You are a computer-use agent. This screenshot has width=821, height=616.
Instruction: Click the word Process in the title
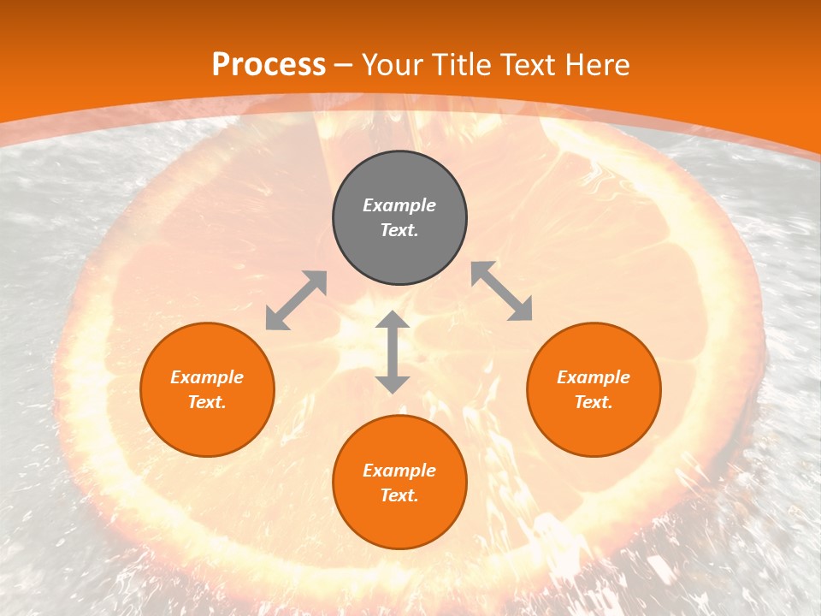(269, 65)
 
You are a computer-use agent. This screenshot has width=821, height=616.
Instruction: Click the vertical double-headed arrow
(393, 352)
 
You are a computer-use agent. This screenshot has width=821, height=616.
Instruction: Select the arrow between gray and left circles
(296, 300)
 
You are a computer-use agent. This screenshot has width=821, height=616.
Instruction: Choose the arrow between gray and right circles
(502, 291)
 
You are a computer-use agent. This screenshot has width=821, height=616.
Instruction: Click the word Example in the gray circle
(399, 205)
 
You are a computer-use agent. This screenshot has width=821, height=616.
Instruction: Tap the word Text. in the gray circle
(399, 230)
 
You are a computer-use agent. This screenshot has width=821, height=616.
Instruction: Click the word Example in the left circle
(207, 377)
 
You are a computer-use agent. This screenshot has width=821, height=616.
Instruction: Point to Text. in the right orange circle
(594, 402)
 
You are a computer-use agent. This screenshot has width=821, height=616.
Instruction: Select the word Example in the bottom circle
(399, 471)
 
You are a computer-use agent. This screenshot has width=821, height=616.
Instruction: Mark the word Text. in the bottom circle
(399, 495)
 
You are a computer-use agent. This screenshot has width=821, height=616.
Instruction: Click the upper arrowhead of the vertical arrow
(393, 320)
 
